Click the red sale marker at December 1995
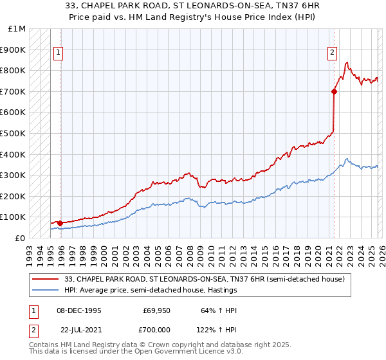pos(60,223)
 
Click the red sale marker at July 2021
pos(334,91)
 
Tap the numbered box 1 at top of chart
pos(59,53)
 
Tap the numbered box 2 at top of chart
pos(333,53)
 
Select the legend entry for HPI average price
pos(151,290)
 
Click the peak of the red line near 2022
pos(347,62)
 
